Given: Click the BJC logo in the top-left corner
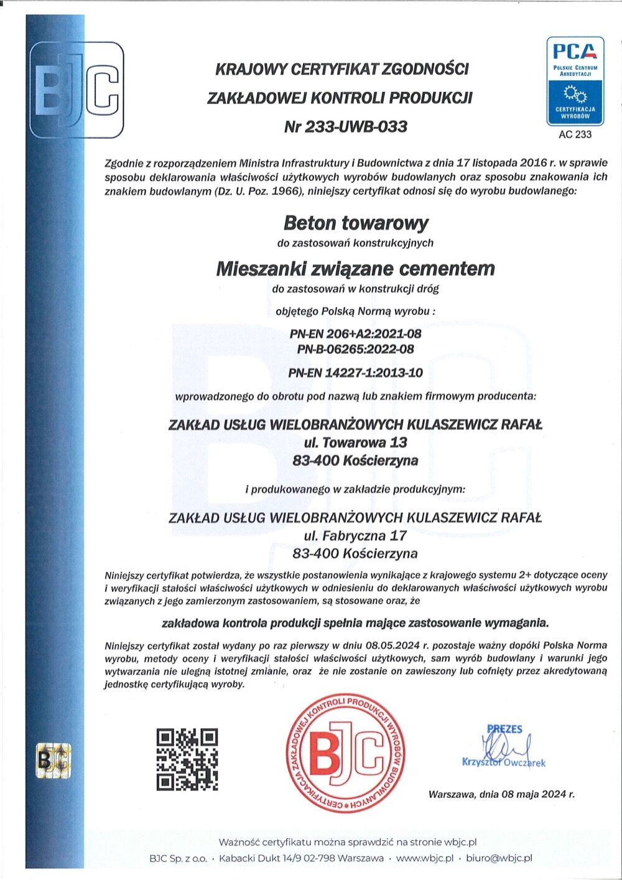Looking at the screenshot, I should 77,90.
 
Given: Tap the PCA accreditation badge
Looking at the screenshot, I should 575,81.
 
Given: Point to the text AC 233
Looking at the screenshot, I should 575,134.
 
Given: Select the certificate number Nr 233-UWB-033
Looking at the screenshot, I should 345,126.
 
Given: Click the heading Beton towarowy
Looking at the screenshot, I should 356,223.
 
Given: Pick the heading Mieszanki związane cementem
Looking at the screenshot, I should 355,269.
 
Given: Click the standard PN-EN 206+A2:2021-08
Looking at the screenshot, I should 355,334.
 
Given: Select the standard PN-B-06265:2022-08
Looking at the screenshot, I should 355,349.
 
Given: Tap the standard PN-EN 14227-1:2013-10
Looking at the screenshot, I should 355,373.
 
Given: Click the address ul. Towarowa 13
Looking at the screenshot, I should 355,442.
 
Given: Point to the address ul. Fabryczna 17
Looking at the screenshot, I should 355,535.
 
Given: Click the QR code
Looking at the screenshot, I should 187,759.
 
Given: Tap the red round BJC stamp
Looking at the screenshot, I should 346,752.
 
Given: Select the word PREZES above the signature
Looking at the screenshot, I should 504,729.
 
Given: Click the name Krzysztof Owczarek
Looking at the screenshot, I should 504,762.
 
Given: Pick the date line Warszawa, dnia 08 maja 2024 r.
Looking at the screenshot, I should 501,794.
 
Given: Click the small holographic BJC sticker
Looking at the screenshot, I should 53,759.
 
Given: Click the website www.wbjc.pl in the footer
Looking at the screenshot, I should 425,858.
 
